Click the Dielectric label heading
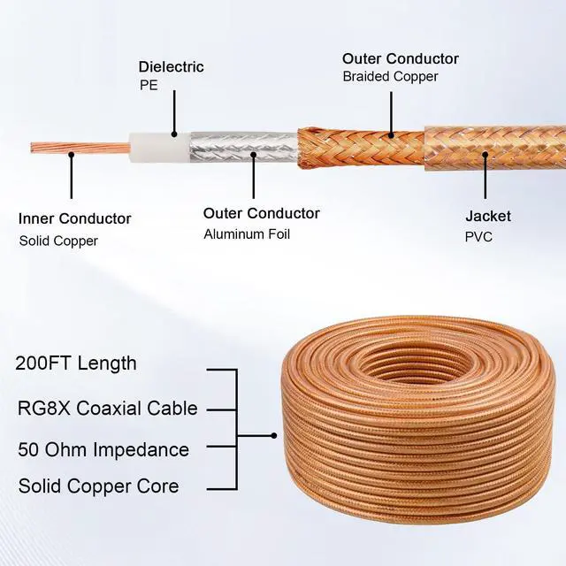click(172, 67)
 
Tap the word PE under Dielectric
click(148, 86)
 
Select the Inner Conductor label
click(75, 218)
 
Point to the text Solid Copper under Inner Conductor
click(58, 241)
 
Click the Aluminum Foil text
click(247, 234)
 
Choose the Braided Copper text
click(390, 77)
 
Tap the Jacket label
click(488, 216)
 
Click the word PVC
click(478, 237)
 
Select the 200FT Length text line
click(77, 363)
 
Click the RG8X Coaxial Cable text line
click(107, 409)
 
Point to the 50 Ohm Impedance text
click(103, 449)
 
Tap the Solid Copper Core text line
click(98, 486)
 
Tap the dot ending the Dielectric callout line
click(174, 134)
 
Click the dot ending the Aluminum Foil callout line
click(253, 155)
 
